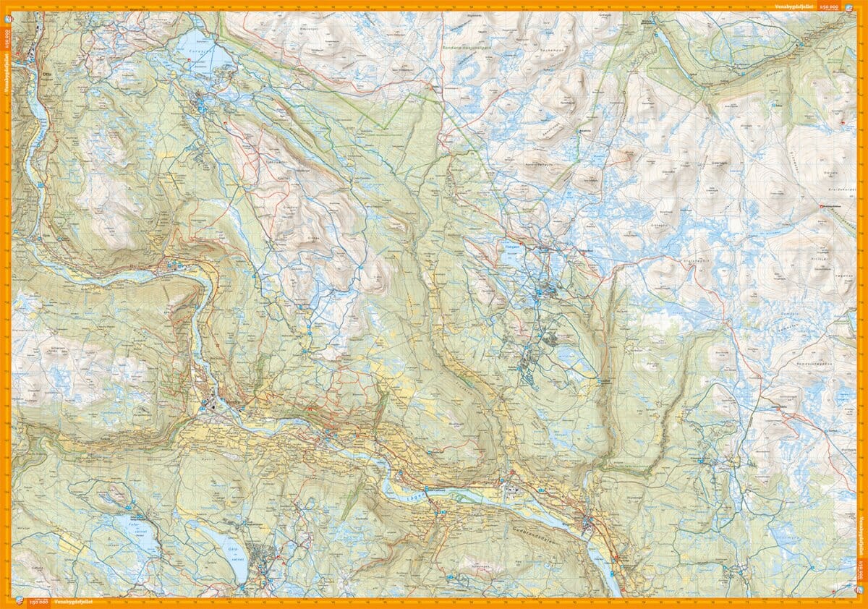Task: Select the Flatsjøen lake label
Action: tap(511, 245)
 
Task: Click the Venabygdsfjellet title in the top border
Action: tap(791, 6)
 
